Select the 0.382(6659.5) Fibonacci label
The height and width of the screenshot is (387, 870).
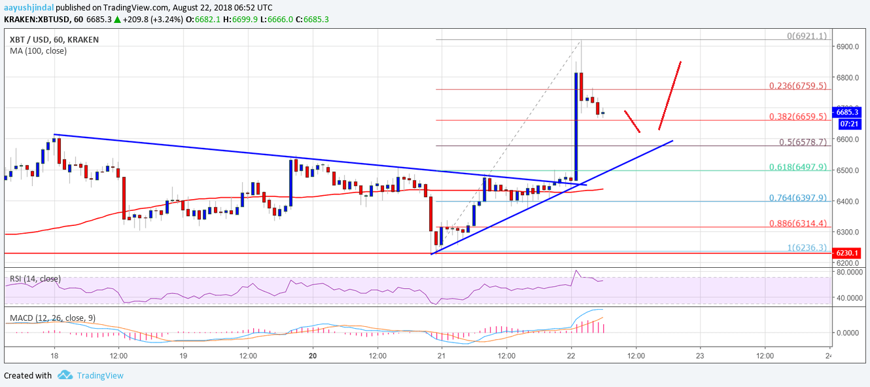point(797,116)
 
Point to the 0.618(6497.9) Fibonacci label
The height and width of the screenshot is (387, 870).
point(797,167)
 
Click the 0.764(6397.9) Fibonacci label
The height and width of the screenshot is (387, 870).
point(797,198)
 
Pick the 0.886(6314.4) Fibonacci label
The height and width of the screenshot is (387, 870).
point(797,224)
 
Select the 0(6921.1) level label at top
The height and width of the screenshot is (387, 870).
point(809,35)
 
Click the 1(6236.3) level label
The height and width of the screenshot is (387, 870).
point(809,248)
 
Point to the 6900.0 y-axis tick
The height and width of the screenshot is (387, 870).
point(847,46)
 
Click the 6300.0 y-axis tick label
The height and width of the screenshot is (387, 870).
point(847,232)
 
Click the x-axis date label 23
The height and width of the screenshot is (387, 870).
point(700,356)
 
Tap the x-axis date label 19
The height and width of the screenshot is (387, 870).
point(183,356)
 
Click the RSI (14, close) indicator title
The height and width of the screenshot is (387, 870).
point(35,279)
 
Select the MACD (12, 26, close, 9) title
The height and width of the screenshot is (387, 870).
point(52,318)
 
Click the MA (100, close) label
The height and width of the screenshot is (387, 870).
point(38,50)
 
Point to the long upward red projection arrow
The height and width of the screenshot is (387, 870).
point(670,95)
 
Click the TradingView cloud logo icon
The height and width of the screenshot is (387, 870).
point(64,375)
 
